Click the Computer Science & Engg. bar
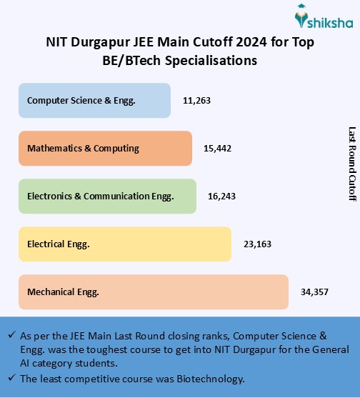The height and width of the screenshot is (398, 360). [94, 100]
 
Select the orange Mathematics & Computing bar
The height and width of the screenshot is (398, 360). [105, 148]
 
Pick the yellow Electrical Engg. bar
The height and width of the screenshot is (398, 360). [125, 244]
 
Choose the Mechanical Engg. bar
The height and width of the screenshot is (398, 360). [154, 292]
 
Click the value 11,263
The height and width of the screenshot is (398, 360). [196, 100]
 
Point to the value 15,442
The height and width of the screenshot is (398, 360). [218, 148]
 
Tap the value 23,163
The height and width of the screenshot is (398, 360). [257, 244]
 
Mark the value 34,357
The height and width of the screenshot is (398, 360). [314, 292]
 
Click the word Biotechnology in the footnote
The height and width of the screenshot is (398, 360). [219, 378]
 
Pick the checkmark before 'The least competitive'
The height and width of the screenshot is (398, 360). [11, 378]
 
